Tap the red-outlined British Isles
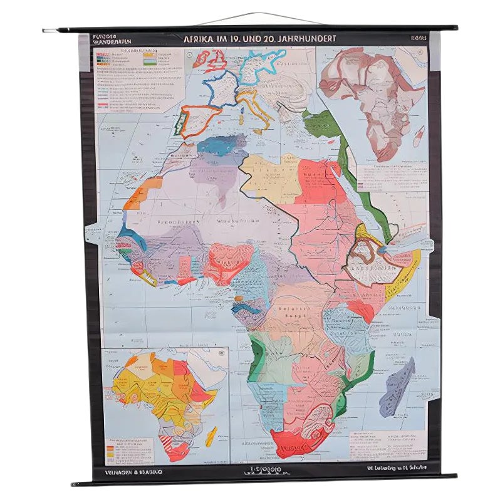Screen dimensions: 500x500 coord(211,60)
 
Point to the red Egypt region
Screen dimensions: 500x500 coord(317,182)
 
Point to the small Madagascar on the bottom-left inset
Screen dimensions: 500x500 coord(212,435)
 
